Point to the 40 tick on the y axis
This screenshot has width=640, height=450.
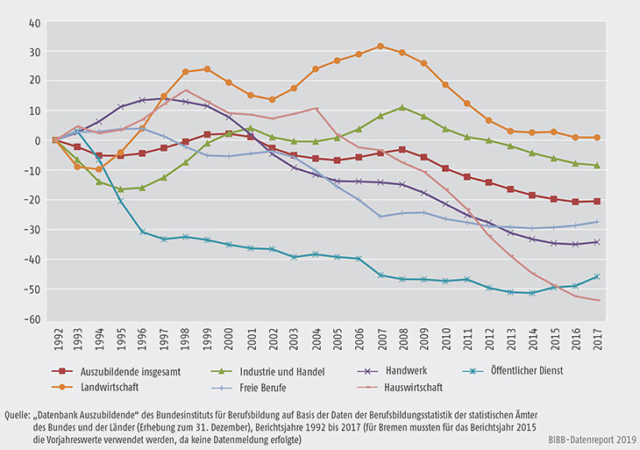click(x=36, y=24)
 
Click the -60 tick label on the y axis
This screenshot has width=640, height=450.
click(x=33, y=320)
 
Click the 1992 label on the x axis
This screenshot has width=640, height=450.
click(x=54, y=339)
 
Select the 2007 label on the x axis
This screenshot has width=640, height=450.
click(x=380, y=339)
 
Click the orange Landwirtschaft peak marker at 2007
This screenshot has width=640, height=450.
click(x=380, y=46)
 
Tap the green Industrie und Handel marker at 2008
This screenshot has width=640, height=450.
click(x=402, y=107)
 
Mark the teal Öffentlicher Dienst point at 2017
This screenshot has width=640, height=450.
click(x=597, y=276)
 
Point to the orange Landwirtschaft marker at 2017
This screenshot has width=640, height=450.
click(x=597, y=137)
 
